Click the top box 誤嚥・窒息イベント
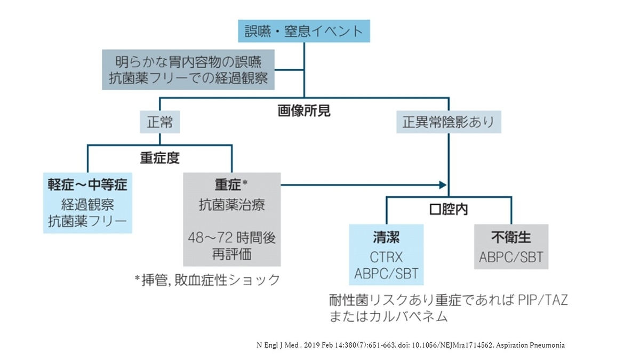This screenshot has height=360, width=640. pos(303,30)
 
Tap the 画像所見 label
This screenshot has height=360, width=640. pos(304,111)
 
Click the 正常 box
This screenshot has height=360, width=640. pos(159,123)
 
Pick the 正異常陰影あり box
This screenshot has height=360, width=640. pos(449,123)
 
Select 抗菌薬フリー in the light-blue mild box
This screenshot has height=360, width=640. pos(87,221)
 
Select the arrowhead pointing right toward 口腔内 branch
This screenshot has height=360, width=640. pos(442,185)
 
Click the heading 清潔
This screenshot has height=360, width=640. pos(386,237)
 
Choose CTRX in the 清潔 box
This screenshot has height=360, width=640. pos(386,257)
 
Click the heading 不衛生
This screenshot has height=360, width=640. pos(511,237)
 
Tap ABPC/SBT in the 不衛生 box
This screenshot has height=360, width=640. pos(511,257)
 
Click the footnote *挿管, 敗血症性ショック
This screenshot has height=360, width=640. pos(207,279)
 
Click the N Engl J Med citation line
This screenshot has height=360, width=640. pos(410,345)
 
